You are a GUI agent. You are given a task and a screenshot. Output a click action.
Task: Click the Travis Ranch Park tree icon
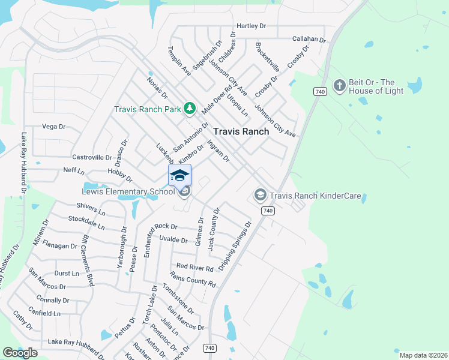pos(190,108)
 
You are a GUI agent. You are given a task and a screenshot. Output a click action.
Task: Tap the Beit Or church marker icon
pos(339,86)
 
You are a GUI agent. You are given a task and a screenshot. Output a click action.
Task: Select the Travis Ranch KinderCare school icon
pos(260,195)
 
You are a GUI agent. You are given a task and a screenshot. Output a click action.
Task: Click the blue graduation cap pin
pos(179,175)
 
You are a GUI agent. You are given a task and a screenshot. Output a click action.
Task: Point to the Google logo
pos(20,353)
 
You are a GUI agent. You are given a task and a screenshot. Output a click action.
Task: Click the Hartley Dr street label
pos(251,26)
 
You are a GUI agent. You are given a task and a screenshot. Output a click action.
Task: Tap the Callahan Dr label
pos(308,39)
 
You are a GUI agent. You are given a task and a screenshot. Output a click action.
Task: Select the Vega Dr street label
pos(53,127)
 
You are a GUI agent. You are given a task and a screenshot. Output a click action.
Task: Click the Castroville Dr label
pos(92,157)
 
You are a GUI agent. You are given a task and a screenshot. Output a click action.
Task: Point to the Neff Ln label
pos(74,170)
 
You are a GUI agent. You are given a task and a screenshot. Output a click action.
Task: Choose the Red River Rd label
pos(195,268)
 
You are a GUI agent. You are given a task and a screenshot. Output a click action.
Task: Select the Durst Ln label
pos(66,273)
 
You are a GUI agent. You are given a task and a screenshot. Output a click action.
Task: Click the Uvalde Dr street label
pos(173,239)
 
